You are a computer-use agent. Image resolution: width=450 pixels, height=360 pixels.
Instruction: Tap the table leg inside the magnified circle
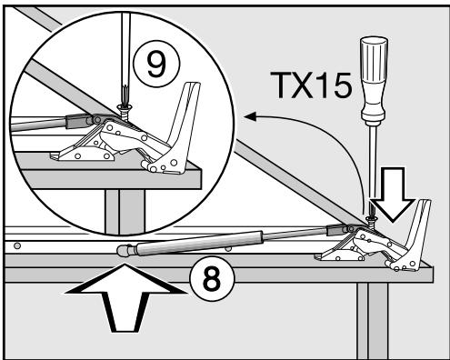[x=115, y=210]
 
